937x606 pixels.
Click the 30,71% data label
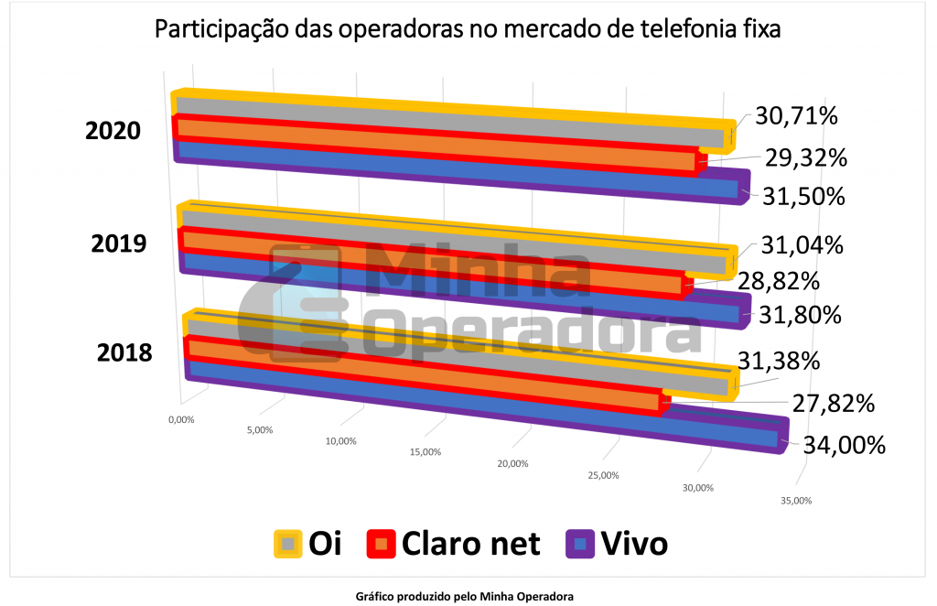pos(796,117)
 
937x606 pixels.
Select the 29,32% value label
pos(805,157)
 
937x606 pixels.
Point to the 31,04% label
pos(802,245)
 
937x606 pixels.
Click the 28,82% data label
pos(779,280)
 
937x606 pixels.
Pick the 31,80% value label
pos(800,315)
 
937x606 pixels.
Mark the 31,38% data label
pos(779,362)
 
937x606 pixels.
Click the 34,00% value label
pos(845,446)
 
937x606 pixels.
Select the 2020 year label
pos(113,131)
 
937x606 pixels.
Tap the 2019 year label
pos(119,243)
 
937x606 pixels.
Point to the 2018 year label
pos(124,352)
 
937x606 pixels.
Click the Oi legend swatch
pos(288,544)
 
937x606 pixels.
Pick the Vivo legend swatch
pos(580,544)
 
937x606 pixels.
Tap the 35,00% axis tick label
pos(794,501)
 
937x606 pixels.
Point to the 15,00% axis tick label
pos(425,452)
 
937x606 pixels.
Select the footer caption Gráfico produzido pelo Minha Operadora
pos(464,596)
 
